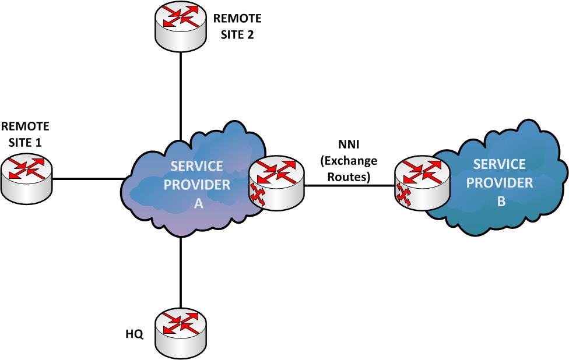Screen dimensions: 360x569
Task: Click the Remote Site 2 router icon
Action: tap(181, 27)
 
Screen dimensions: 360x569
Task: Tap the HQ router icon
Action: tap(181, 332)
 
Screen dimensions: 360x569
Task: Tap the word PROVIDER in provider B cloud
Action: tap(503, 183)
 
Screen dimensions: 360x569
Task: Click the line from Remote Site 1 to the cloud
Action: tap(87, 178)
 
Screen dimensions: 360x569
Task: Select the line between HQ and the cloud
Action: tap(181, 274)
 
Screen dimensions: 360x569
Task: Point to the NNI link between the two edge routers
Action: tap(349, 186)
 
